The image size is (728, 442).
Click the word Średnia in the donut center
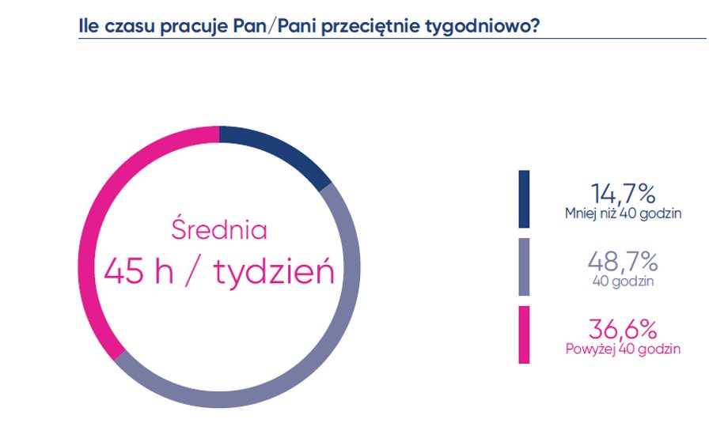(x=219, y=229)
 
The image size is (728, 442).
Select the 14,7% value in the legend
(x=623, y=194)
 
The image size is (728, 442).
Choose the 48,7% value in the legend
(x=623, y=262)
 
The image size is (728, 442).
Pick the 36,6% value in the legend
(x=623, y=329)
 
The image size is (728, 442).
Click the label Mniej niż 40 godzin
(x=623, y=213)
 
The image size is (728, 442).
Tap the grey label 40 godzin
(x=623, y=281)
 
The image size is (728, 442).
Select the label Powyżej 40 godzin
(x=623, y=349)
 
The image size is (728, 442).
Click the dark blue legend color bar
(x=524, y=199)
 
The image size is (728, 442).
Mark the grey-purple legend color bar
(x=524, y=267)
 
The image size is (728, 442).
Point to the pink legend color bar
(x=524, y=335)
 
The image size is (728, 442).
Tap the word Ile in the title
(x=89, y=26)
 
